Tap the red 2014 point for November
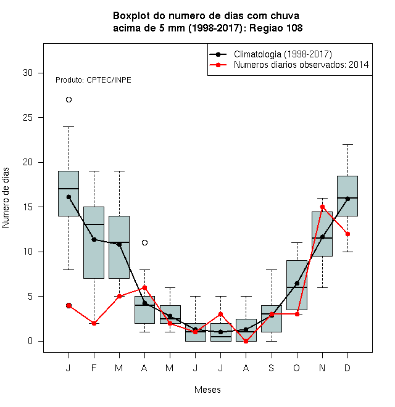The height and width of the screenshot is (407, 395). [x=323, y=207]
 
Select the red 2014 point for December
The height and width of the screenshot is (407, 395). [x=347, y=234]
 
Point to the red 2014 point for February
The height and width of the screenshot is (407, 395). [x=94, y=323]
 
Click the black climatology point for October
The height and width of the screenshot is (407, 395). [x=297, y=283]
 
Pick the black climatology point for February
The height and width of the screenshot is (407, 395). [x=94, y=239]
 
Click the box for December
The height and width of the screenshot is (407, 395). [x=347, y=196]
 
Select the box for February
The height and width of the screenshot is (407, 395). [x=94, y=243]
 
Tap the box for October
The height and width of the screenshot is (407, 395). [x=297, y=285]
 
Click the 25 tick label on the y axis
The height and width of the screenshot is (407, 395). [x=28, y=118]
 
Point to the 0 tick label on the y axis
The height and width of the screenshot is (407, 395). [x=30, y=341]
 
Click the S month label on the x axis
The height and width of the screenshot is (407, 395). [x=272, y=368]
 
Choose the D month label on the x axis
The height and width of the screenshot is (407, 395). [x=347, y=368]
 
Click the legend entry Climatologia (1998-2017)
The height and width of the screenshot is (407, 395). [x=283, y=54]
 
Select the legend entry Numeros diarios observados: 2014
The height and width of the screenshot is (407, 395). [x=301, y=65]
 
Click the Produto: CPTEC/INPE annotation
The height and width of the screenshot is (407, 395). [x=93, y=80]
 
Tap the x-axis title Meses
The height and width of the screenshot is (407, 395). [x=207, y=390]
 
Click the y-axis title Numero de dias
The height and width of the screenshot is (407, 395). [x=6, y=198]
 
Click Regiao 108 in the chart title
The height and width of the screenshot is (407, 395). [x=276, y=28]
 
